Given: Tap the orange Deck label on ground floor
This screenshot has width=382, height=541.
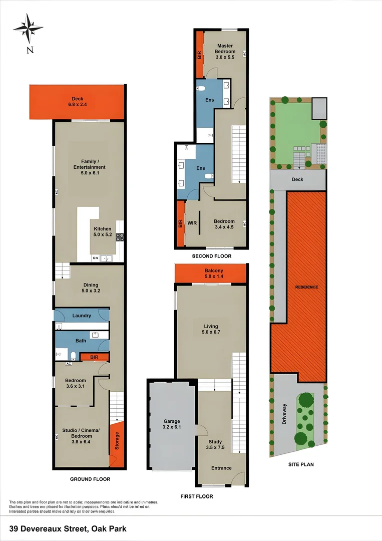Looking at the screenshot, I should point(78,102).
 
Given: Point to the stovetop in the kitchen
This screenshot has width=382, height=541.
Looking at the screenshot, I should point(120,237).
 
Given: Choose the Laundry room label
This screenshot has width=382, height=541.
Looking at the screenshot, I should point(82,316).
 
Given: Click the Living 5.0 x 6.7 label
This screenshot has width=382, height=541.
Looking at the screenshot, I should point(210,329).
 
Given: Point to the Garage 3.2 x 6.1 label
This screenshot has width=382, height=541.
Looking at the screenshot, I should point(172,424).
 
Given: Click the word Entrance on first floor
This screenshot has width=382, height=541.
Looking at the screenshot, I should point(221,468).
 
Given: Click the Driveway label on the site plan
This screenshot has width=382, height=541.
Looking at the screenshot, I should point(285,414).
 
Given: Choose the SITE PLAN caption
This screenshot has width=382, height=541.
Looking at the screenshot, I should point(301,464).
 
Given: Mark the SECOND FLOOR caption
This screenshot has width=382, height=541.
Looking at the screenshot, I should point(212,256).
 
